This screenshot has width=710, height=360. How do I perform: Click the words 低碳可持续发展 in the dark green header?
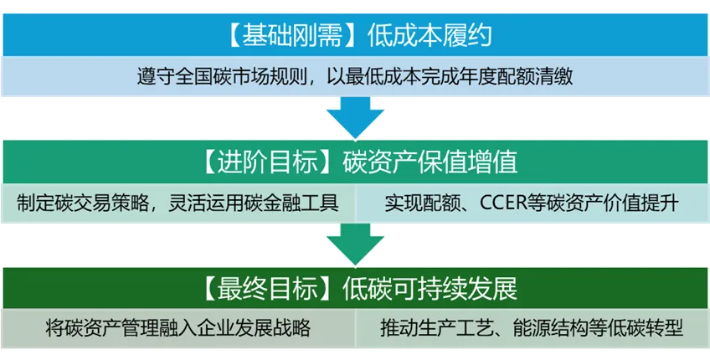point(430,290)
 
